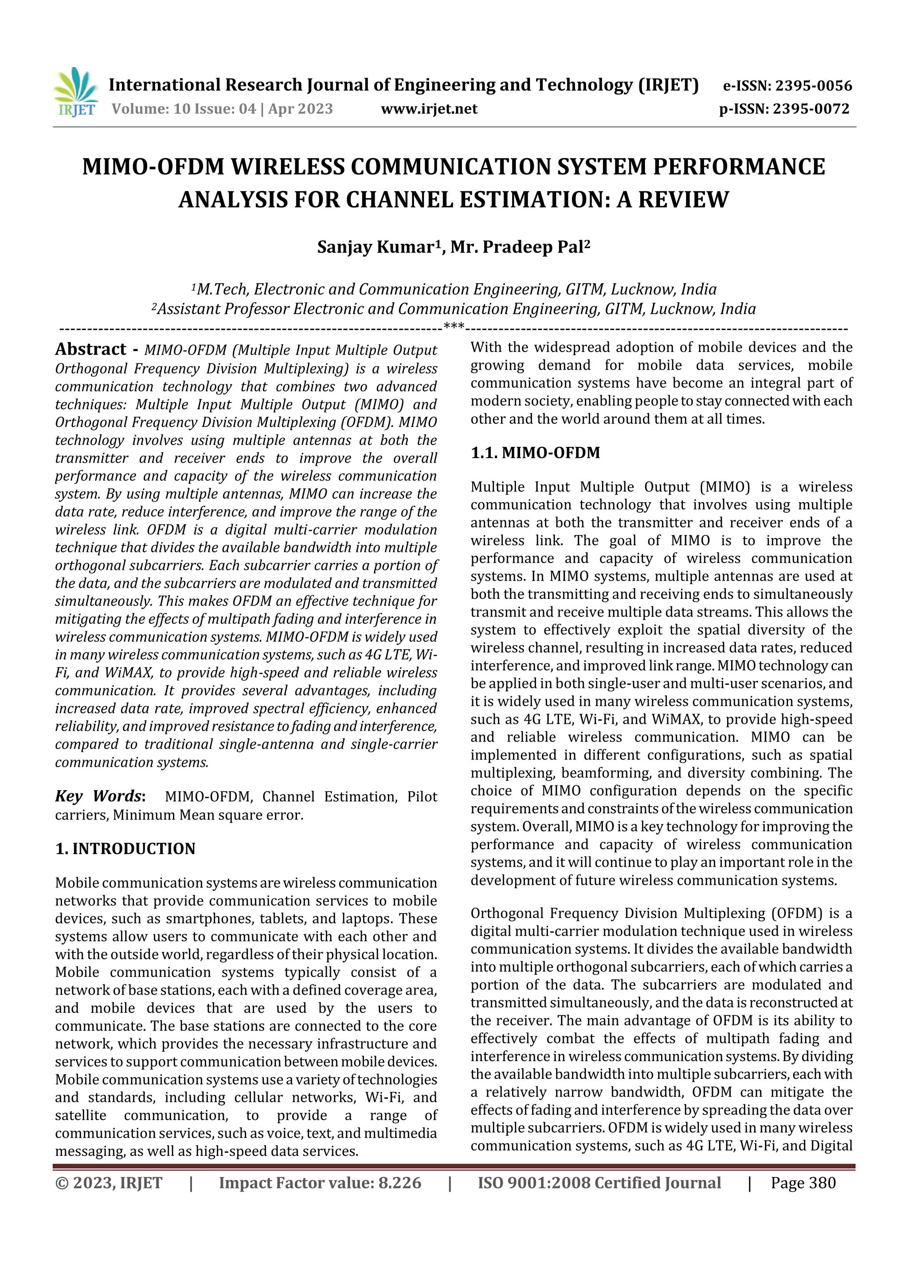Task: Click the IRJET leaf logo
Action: point(75,92)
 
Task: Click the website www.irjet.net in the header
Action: point(429,109)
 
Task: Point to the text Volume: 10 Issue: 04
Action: point(184,109)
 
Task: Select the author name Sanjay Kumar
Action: point(376,247)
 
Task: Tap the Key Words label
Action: point(100,796)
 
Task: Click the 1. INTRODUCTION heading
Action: point(125,849)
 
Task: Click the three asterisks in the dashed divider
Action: point(453,326)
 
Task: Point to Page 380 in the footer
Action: point(803,1183)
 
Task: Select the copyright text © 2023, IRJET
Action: point(109,1183)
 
